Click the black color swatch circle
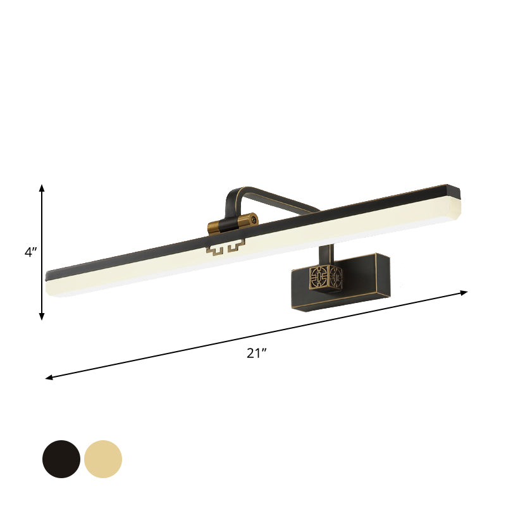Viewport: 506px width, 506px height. point(61,459)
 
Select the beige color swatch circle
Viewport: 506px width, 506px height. point(103,459)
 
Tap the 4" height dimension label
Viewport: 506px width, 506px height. point(30,252)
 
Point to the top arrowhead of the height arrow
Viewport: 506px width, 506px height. point(42,188)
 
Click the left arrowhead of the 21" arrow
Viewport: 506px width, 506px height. point(49,378)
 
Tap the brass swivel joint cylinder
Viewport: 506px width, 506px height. point(232,222)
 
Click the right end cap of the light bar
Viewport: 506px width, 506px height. point(455,201)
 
